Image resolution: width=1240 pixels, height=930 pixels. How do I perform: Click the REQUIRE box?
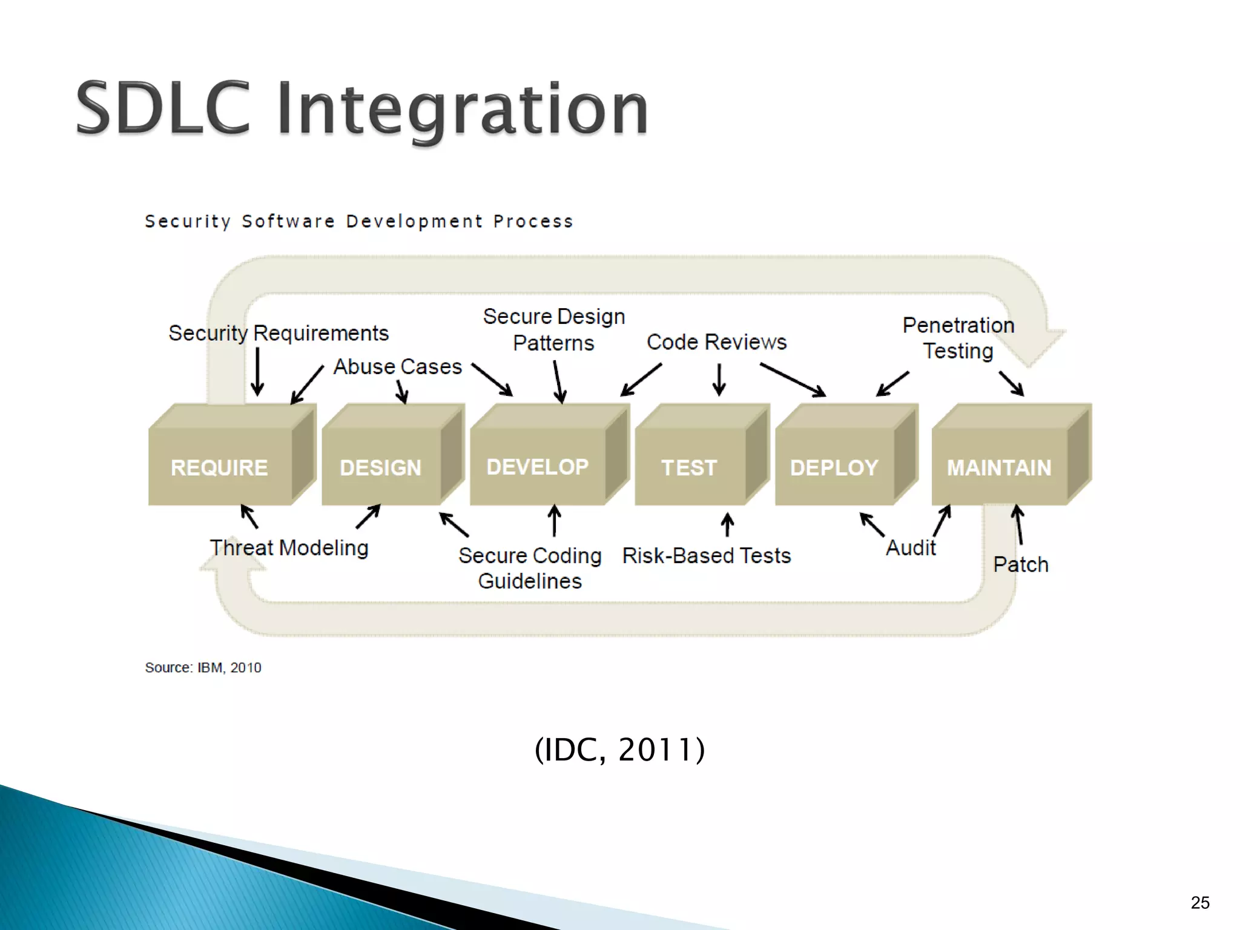coord(220,467)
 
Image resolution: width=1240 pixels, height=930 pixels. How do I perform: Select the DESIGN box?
coord(381,467)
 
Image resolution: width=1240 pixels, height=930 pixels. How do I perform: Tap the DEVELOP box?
coord(538,466)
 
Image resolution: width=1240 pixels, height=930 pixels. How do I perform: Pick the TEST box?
coord(690,467)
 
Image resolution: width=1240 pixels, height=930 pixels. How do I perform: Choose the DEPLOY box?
coord(834,467)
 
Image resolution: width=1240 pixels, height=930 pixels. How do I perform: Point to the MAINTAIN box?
coord(999,467)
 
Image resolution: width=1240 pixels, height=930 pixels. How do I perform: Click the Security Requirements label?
coord(279,333)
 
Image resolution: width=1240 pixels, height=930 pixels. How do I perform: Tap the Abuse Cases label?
coord(398,366)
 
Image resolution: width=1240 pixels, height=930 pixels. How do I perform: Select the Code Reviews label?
coord(717,342)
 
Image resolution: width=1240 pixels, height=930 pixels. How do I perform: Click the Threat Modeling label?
coord(289,548)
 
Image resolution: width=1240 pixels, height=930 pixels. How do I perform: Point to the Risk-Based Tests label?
coord(707,555)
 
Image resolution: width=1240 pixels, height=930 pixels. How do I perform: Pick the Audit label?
coord(911,548)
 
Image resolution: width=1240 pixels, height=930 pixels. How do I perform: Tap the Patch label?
coord(1021,564)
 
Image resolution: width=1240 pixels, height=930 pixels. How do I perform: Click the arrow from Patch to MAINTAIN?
coord(1019,525)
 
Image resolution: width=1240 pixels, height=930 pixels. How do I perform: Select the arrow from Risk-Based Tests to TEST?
coord(728,524)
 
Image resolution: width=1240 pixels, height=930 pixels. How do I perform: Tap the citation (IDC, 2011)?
coord(620,750)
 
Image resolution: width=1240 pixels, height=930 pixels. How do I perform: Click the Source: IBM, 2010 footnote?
coord(203,667)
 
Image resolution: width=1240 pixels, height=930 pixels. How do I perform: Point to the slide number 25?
coord(1200,903)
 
